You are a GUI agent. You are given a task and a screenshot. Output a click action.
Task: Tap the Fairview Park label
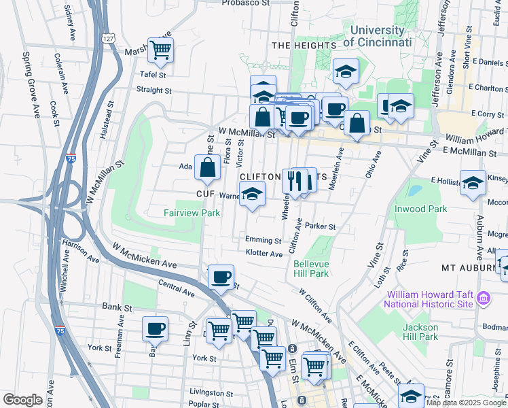192,213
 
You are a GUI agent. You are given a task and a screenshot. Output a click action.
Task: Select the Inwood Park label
421,209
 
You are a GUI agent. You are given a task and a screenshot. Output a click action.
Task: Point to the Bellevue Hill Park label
311,269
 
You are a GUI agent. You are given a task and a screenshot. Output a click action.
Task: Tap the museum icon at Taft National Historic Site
483,298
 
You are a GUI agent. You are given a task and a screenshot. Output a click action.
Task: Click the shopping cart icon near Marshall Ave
160,49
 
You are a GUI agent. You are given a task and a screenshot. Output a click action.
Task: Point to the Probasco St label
247,3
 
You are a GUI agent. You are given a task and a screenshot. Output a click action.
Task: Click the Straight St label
153,90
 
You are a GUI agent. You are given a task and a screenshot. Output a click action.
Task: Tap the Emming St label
264,240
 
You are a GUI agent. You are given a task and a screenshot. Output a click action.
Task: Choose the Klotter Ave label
264,254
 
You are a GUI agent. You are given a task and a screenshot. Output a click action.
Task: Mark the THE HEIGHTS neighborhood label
304,45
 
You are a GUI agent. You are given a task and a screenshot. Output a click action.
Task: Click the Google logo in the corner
22,400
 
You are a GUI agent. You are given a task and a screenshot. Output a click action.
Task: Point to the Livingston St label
211,392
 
